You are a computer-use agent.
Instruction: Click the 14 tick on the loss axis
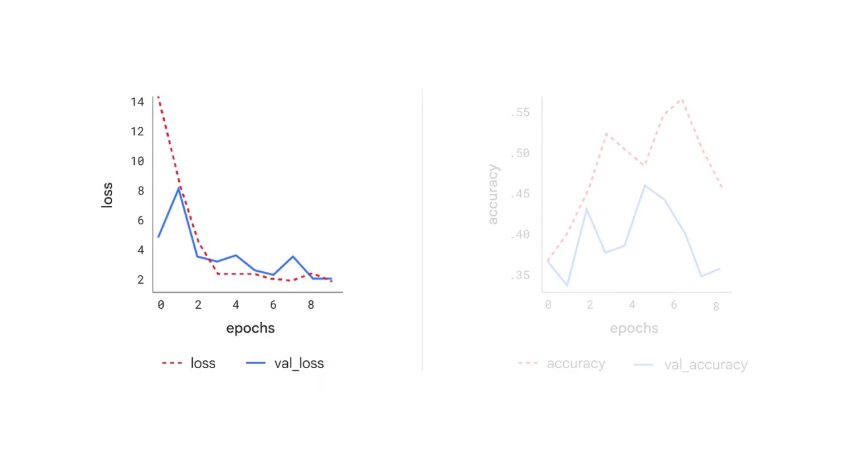coord(137,102)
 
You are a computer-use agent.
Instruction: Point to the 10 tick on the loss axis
coord(137,161)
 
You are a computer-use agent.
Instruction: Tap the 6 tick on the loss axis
coord(140,220)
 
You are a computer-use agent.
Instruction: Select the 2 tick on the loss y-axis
coord(140,280)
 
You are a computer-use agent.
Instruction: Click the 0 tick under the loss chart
coord(160,305)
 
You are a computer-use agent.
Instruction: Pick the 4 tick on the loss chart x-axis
coord(236,305)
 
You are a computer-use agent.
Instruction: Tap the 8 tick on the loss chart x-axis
coord(311,305)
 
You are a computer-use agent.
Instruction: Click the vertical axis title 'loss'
coord(107,195)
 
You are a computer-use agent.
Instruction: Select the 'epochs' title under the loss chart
coord(250,329)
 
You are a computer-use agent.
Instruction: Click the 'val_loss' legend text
coord(299,364)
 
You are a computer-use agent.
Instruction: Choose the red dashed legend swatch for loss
coord(172,364)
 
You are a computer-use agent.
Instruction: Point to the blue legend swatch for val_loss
coord(255,364)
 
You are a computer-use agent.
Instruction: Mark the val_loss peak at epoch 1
coord(178,189)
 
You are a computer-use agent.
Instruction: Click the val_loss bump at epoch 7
coord(292,257)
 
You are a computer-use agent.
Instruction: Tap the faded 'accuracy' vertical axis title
coord(493,195)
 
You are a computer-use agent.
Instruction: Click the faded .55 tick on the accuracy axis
coord(520,113)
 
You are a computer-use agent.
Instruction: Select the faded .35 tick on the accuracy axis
coord(520,275)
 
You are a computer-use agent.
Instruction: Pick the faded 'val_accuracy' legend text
coord(706,365)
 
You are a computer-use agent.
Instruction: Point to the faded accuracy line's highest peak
coord(682,100)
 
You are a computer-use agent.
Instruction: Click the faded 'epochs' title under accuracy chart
coord(634,329)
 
